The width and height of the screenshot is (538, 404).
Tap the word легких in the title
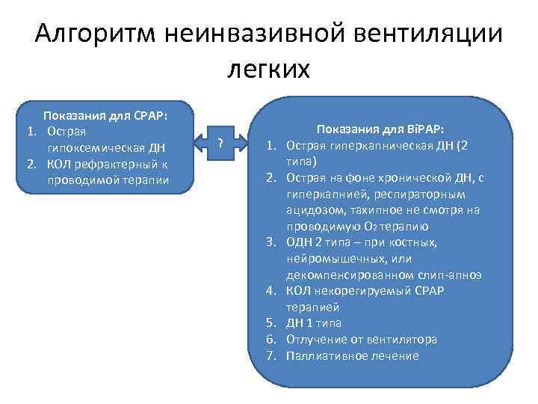[x=268, y=68]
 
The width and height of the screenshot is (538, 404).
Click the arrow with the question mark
[x=221, y=143]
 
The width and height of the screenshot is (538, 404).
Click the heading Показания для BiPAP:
[x=380, y=129]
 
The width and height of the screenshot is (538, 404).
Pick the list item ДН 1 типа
[x=313, y=323]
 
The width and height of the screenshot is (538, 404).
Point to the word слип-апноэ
[x=455, y=275]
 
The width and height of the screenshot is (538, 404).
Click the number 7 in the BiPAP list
[x=272, y=356]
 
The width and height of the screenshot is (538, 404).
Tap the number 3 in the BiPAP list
[x=272, y=242]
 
